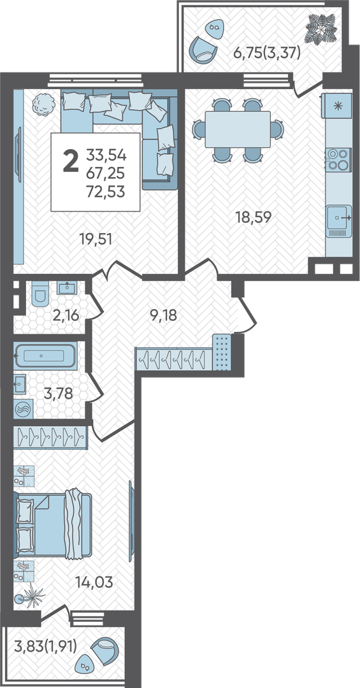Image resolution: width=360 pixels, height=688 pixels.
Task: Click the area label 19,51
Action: click(x=96, y=239)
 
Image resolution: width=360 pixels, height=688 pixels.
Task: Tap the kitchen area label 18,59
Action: click(x=254, y=217)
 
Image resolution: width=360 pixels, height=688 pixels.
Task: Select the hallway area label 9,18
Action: click(x=163, y=315)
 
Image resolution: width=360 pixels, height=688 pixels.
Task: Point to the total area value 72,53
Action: click(x=106, y=192)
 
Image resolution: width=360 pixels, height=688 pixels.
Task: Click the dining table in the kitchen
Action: click(x=238, y=129)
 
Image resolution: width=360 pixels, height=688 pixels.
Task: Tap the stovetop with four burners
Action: click(x=338, y=160)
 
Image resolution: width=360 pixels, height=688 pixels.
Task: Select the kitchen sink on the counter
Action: click(x=339, y=221)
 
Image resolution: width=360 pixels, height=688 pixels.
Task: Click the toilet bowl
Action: click(x=41, y=294)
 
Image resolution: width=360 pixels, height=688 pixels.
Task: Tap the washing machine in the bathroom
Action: click(x=21, y=410)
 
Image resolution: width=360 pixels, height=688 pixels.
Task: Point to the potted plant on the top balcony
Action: click(x=321, y=28)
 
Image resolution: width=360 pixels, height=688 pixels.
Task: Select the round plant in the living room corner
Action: click(x=43, y=104)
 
